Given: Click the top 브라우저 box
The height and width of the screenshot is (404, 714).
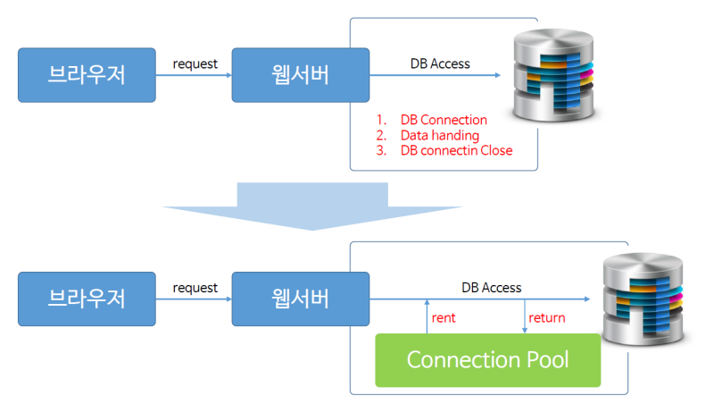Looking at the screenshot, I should pos(87,75).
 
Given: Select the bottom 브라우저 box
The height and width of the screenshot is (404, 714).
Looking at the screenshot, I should pos(87,299).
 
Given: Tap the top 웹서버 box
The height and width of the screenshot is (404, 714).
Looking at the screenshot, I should pos(300,75).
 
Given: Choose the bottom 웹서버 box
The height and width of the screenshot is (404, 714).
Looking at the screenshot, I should pos(300,299).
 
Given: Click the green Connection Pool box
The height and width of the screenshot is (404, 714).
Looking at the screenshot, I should pos(487,360).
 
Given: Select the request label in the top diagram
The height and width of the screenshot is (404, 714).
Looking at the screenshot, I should pos(195,63).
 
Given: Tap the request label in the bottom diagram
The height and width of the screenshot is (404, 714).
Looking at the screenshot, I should pos(195,288).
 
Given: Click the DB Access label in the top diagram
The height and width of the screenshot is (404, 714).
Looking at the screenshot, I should pos(439,63).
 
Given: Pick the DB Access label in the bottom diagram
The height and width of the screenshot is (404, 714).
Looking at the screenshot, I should pos(491,288).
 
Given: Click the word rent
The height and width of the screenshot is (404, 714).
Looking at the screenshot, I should pos(444,317).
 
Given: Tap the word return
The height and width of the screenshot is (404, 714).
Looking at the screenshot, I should pos(546,317).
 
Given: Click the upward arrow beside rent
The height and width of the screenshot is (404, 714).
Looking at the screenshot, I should pos(427,317).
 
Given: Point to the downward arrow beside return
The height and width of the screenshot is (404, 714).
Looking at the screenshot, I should pos(523,317).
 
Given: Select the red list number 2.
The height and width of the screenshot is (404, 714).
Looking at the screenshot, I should pos(381,135).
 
